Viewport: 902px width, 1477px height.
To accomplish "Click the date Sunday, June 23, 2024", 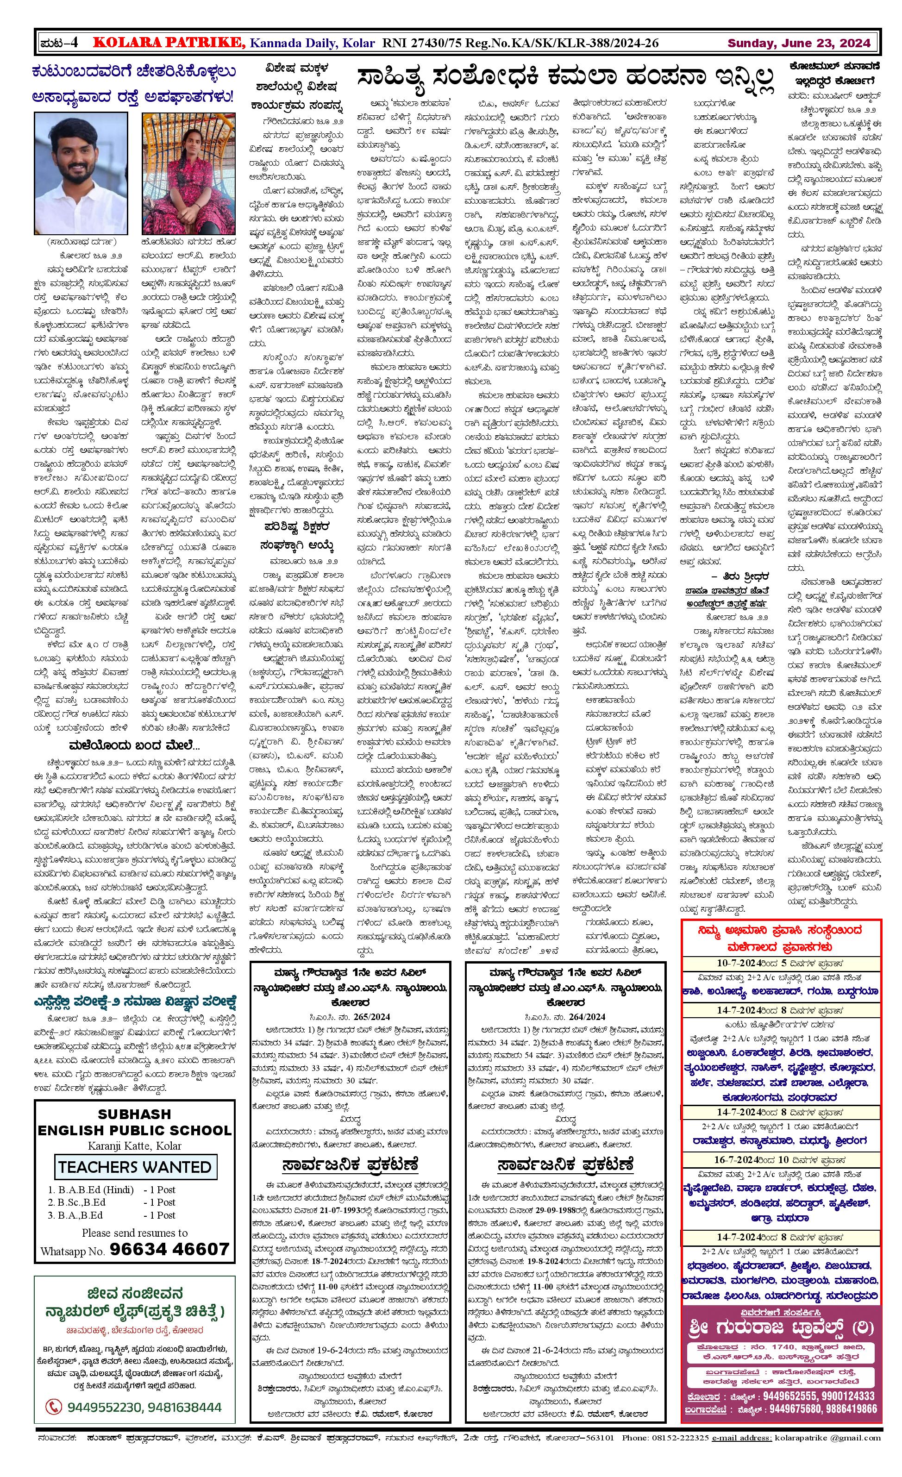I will click(798, 43).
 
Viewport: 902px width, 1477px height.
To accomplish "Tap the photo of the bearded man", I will click(81, 173).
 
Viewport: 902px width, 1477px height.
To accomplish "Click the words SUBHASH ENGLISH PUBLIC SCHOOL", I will click(134, 1122).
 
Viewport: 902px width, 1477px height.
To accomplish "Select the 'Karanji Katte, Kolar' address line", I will click(134, 1145).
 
